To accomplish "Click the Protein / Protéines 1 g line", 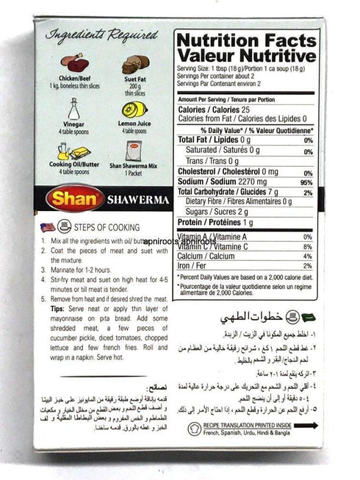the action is (x=212, y=223).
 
